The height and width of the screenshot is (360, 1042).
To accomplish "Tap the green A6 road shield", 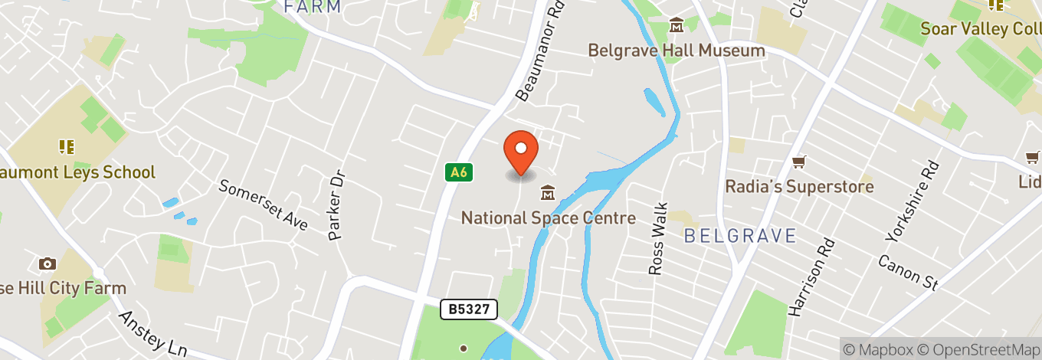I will click(x=458, y=172).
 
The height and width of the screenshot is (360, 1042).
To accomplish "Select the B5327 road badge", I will click(x=469, y=309).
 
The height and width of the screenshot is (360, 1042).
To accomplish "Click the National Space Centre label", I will click(x=548, y=218).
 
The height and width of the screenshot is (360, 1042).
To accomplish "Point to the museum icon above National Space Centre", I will click(x=548, y=191).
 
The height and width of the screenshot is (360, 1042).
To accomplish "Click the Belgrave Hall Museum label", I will click(x=676, y=51).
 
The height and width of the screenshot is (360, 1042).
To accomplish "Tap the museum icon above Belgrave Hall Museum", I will click(x=677, y=27).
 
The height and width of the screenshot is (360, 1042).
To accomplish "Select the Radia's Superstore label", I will click(x=799, y=187).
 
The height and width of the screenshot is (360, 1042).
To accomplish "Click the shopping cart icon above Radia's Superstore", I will click(x=799, y=162).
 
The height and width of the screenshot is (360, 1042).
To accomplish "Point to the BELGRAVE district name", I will click(x=739, y=235).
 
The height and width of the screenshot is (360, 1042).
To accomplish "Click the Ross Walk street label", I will click(x=658, y=238).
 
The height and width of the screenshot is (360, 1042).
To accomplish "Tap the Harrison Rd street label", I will click(x=808, y=277).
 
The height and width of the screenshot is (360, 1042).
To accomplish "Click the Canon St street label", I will click(x=908, y=273).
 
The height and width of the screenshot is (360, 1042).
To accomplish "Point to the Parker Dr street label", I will click(x=337, y=205).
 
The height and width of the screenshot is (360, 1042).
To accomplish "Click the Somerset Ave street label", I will click(x=264, y=205).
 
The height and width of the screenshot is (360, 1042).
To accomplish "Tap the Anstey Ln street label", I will click(x=152, y=334).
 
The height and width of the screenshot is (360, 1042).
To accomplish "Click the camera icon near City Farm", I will click(x=48, y=264).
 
